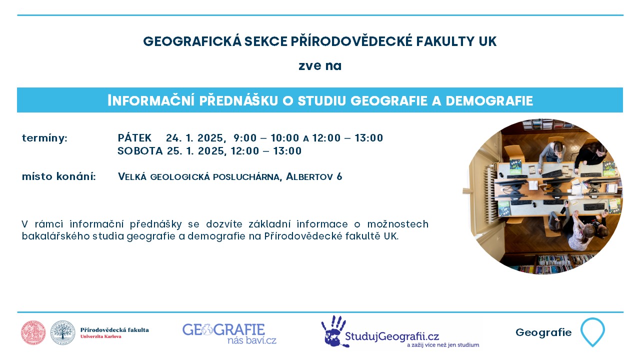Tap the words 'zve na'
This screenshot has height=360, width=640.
[x=320, y=66]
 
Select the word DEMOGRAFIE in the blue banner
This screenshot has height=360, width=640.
[x=489, y=100]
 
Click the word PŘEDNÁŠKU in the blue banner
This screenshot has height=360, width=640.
[x=238, y=100]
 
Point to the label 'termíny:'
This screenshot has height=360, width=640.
[x=45, y=138]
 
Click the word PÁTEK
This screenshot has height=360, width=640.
[x=134, y=137]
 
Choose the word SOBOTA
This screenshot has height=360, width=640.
[x=140, y=150]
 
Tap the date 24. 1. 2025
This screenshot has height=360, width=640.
[x=195, y=138]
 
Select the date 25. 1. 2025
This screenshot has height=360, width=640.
[x=197, y=151]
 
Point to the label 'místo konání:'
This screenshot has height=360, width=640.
[x=59, y=176]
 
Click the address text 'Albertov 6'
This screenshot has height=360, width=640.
[x=314, y=176]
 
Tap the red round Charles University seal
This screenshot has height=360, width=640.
[x=33, y=332]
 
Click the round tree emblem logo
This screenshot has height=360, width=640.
[x=63, y=332]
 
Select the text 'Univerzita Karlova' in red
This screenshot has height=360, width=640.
[x=101, y=336]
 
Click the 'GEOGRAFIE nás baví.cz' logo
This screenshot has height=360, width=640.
[x=229, y=333]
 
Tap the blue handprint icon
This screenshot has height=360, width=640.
[x=333, y=331]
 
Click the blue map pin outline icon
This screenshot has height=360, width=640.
[x=592, y=331]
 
